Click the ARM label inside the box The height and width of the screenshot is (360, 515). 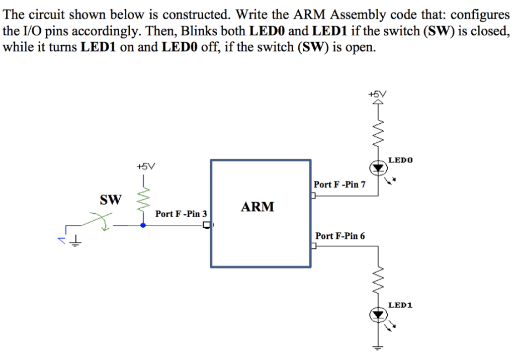tap(258, 207)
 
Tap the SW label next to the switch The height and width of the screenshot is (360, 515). tap(111, 200)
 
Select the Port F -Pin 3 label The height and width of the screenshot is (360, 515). tap(181, 214)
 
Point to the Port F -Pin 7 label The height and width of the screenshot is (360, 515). tap(339, 185)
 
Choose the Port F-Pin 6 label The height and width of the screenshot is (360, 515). tap(340, 236)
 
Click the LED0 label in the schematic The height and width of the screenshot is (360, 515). tap(400, 160)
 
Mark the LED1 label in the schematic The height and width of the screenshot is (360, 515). tap(400, 305)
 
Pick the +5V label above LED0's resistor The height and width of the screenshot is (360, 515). tap(378, 94)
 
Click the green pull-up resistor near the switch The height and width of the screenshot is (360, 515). tap(143, 199)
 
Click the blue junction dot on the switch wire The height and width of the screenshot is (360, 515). tap(143, 226)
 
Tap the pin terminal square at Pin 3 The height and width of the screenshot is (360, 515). tap(206, 226)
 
